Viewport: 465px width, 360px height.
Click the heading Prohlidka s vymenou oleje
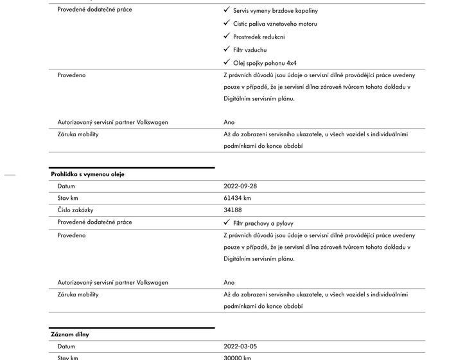[x=87, y=174]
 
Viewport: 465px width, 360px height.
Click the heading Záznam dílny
[x=70, y=334]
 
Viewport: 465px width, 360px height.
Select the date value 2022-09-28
[x=240, y=186]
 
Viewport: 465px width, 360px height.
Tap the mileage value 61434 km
[x=237, y=198]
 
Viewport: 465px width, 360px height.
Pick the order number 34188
[x=232, y=210]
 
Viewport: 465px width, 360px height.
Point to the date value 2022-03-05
[x=240, y=346]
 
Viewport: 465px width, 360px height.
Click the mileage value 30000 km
[x=237, y=357]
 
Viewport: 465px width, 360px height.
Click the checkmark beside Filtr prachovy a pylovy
[x=227, y=222]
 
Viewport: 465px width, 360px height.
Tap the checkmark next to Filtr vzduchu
[x=227, y=50]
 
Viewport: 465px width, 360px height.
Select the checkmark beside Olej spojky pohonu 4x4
[x=227, y=62]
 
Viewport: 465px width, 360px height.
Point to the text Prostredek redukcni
[x=259, y=37]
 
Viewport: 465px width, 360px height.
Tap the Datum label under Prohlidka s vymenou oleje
[x=66, y=186]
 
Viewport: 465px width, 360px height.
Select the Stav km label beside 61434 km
[x=68, y=198]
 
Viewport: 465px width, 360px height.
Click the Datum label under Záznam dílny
[x=66, y=346]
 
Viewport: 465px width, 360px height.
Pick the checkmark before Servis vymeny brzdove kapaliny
[x=227, y=10]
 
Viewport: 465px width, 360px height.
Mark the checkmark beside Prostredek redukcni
[x=227, y=36]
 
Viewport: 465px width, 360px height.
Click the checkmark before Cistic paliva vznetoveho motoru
[x=227, y=23]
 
